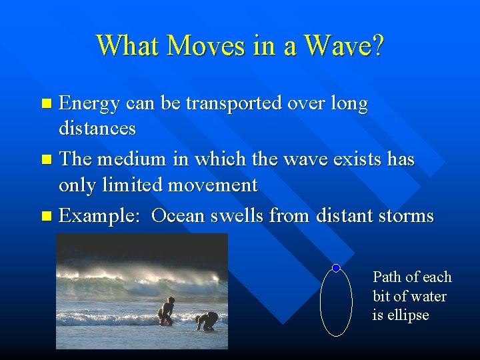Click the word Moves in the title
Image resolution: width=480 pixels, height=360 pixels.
point(197,45)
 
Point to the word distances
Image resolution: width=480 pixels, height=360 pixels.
point(97,127)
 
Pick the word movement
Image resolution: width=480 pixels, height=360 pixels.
point(214,184)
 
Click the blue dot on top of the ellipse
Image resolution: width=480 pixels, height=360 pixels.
point(336,268)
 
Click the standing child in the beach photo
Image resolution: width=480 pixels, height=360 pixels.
point(166,311)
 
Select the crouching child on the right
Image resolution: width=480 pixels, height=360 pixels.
point(208,321)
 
